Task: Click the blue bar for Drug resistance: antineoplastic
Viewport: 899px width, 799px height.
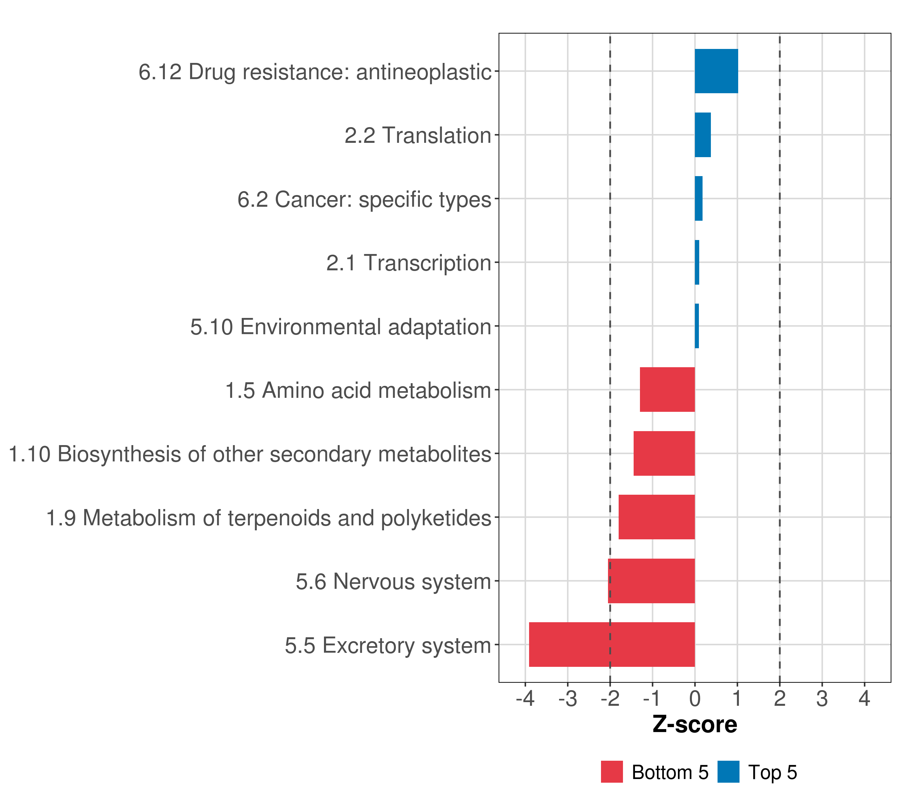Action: tap(716, 71)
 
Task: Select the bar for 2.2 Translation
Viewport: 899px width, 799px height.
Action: tap(703, 135)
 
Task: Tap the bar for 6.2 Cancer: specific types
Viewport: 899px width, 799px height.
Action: tap(699, 199)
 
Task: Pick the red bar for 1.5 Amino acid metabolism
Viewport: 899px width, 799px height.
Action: tap(667, 390)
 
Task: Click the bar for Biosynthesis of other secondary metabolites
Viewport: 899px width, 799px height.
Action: tap(664, 453)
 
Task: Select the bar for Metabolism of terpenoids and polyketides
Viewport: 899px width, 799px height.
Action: tap(657, 517)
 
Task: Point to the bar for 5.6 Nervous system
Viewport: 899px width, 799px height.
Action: tap(651, 581)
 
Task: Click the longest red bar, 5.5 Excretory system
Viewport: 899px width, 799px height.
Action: tap(612, 645)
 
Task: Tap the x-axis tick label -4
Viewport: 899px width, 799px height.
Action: tap(525, 698)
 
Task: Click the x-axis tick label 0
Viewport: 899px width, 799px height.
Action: tap(695, 698)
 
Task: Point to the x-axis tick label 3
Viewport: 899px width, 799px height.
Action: tap(822, 698)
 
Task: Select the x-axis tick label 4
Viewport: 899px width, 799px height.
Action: tap(864, 698)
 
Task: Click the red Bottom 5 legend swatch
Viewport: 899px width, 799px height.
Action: tap(612, 772)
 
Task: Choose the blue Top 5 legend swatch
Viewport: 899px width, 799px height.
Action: tap(728, 772)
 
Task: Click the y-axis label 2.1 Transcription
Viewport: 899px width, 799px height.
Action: tap(409, 263)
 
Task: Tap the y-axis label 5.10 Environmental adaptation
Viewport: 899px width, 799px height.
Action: tap(340, 327)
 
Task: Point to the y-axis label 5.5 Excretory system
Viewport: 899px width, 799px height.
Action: tap(388, 646)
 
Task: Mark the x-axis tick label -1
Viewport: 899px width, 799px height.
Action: tap(652, 698)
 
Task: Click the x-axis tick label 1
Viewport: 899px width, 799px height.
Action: tap(737, 698)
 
